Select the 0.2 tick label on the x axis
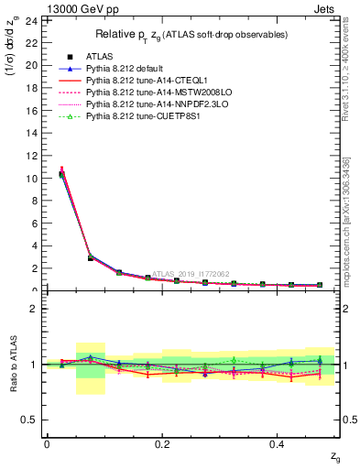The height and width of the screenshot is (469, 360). (x=161, y=444)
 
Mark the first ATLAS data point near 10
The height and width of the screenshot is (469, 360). (x=61, y=174)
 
